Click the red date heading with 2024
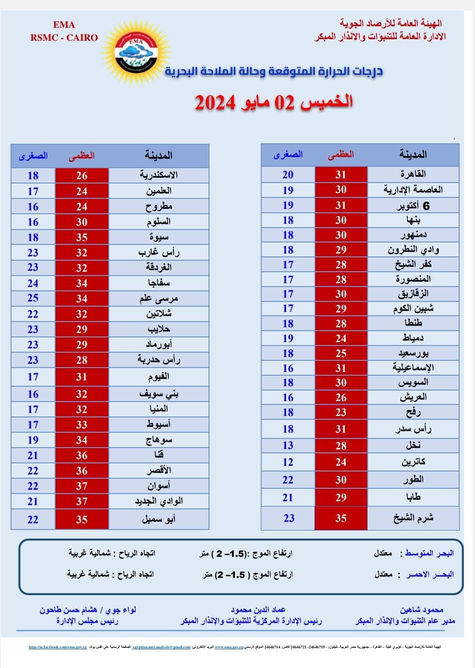[274, 102]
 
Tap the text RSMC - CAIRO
[64, 37]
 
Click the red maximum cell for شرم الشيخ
[341, 518]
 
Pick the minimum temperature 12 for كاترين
[288, 462]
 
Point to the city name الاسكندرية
[159, 175]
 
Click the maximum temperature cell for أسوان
[82, 486]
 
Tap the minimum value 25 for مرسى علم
[33, 298]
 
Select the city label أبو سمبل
[159, 519]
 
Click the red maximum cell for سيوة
[82, 237]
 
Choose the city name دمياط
[413, 338]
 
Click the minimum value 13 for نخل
[288, 445]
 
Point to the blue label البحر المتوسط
[429, 553]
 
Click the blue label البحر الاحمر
[429, 574]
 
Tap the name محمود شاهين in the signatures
[421, 610]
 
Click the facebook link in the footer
[58, 647]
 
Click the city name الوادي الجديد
[159, 501]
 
